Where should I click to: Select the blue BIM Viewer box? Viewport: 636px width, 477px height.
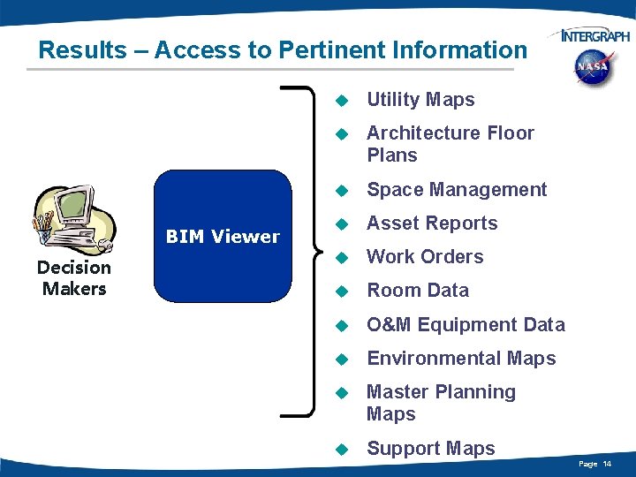pyautogui.click(x=223, y=236)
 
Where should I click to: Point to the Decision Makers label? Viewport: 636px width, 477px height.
pyautogui.click(x=74, y=277)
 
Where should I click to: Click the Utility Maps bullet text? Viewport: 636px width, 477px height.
pyautogui.click(x=420, y=100)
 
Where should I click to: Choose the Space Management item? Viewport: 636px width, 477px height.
pyautogui.click(x=457, y=189)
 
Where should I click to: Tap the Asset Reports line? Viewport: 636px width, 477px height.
pyautogui.click(x=432, y=223)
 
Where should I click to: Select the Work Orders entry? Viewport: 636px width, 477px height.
pyautogui.click(x=425, y=257)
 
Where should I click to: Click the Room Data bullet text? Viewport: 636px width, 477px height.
pyautogui.click(x=417, y=291)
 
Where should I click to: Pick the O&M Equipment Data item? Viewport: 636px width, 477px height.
pyautogui.click(x=466, y=324)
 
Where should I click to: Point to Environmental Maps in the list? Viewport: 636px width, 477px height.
pyautogui.click(x=461, y=358)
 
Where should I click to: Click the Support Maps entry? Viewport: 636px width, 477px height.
pyautogui.click(x=430, y=449)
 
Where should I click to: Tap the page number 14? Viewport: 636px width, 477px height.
pyautogui.click(x=608, y=464)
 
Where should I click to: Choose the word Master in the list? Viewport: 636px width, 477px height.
pyautogui.click(x=397, y=391)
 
